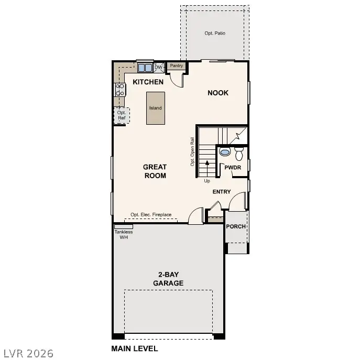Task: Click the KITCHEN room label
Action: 148,82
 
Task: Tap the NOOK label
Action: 218,93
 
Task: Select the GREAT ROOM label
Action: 155,171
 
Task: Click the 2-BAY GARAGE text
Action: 168,279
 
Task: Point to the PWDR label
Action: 233,167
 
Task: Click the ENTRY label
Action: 222,192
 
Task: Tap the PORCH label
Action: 236,226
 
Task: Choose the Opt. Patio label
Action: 215,33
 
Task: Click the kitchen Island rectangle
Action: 155,108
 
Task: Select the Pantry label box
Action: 177,66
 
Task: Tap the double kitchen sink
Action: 145,68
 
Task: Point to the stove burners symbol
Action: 119,90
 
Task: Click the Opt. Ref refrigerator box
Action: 122,115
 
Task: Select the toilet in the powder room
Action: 239,154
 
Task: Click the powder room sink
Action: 225,152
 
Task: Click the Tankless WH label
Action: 124,234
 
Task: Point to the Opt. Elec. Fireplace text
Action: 151,215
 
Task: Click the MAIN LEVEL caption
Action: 134,348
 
